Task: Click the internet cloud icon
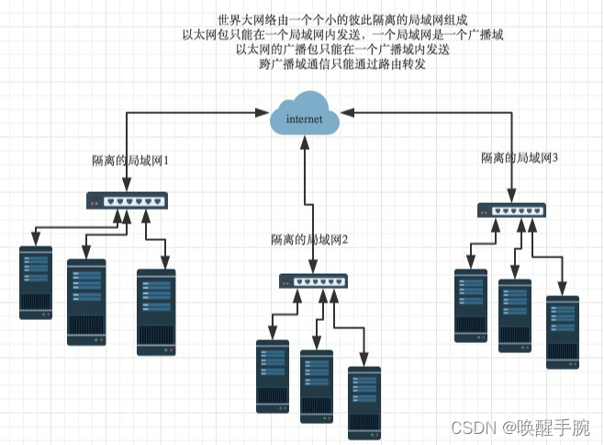coord(304,117)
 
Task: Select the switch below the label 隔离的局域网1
coord(127,200)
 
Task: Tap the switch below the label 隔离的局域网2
coord(313,281)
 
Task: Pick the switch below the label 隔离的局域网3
coord(511,210)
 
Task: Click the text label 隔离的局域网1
coord(131,160)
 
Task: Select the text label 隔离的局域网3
coord(520,157)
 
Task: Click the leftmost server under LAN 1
coord(36,282)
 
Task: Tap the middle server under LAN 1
coord(86,302)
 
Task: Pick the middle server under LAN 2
coord(317,386)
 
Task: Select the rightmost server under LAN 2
coord(364,402)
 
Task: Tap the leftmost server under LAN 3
coord(471,305)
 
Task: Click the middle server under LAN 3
coord(515,315)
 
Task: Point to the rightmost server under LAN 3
coord(562,332)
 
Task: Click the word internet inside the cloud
coord(305,120)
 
